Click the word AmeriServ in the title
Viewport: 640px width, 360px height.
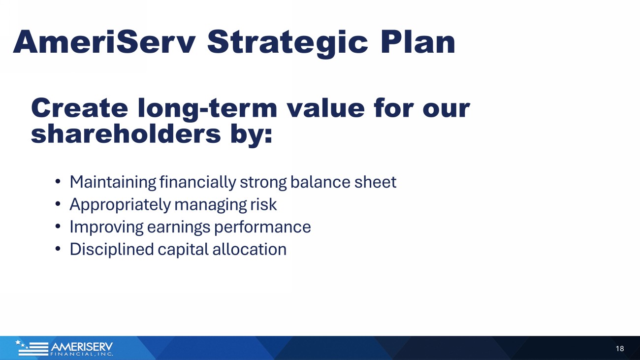click(x=104, y=42)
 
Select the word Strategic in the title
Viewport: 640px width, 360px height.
click(x=288, y=44)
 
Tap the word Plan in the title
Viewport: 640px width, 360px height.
click(x=417, y=42)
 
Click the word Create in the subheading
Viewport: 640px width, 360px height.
click(x=79, y=108)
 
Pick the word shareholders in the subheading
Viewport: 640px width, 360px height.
click(x=126, y=134)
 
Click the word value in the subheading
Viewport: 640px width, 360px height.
click(x=326, y=108)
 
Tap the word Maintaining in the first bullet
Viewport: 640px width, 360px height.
click(x=113, y=182)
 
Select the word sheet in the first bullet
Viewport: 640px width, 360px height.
click(x=376, y=182)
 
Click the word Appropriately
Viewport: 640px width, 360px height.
click(x=120, y=205)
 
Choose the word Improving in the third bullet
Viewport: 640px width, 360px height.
click(x=106, y=228)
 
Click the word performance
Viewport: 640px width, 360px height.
click(x=262, y=228)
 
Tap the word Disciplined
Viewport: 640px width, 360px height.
click(x=112, y=250)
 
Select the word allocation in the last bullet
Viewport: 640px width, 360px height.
click(x=250, y=249)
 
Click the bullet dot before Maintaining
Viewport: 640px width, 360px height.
click(x=58, y=181)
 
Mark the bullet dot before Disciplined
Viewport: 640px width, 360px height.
click(x=58, y=249)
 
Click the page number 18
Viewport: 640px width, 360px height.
click(x=620, y=349)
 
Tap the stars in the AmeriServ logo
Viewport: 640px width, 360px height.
click(x=22, y=344)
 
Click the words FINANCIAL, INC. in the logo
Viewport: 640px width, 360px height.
click(x=82, y=354)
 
